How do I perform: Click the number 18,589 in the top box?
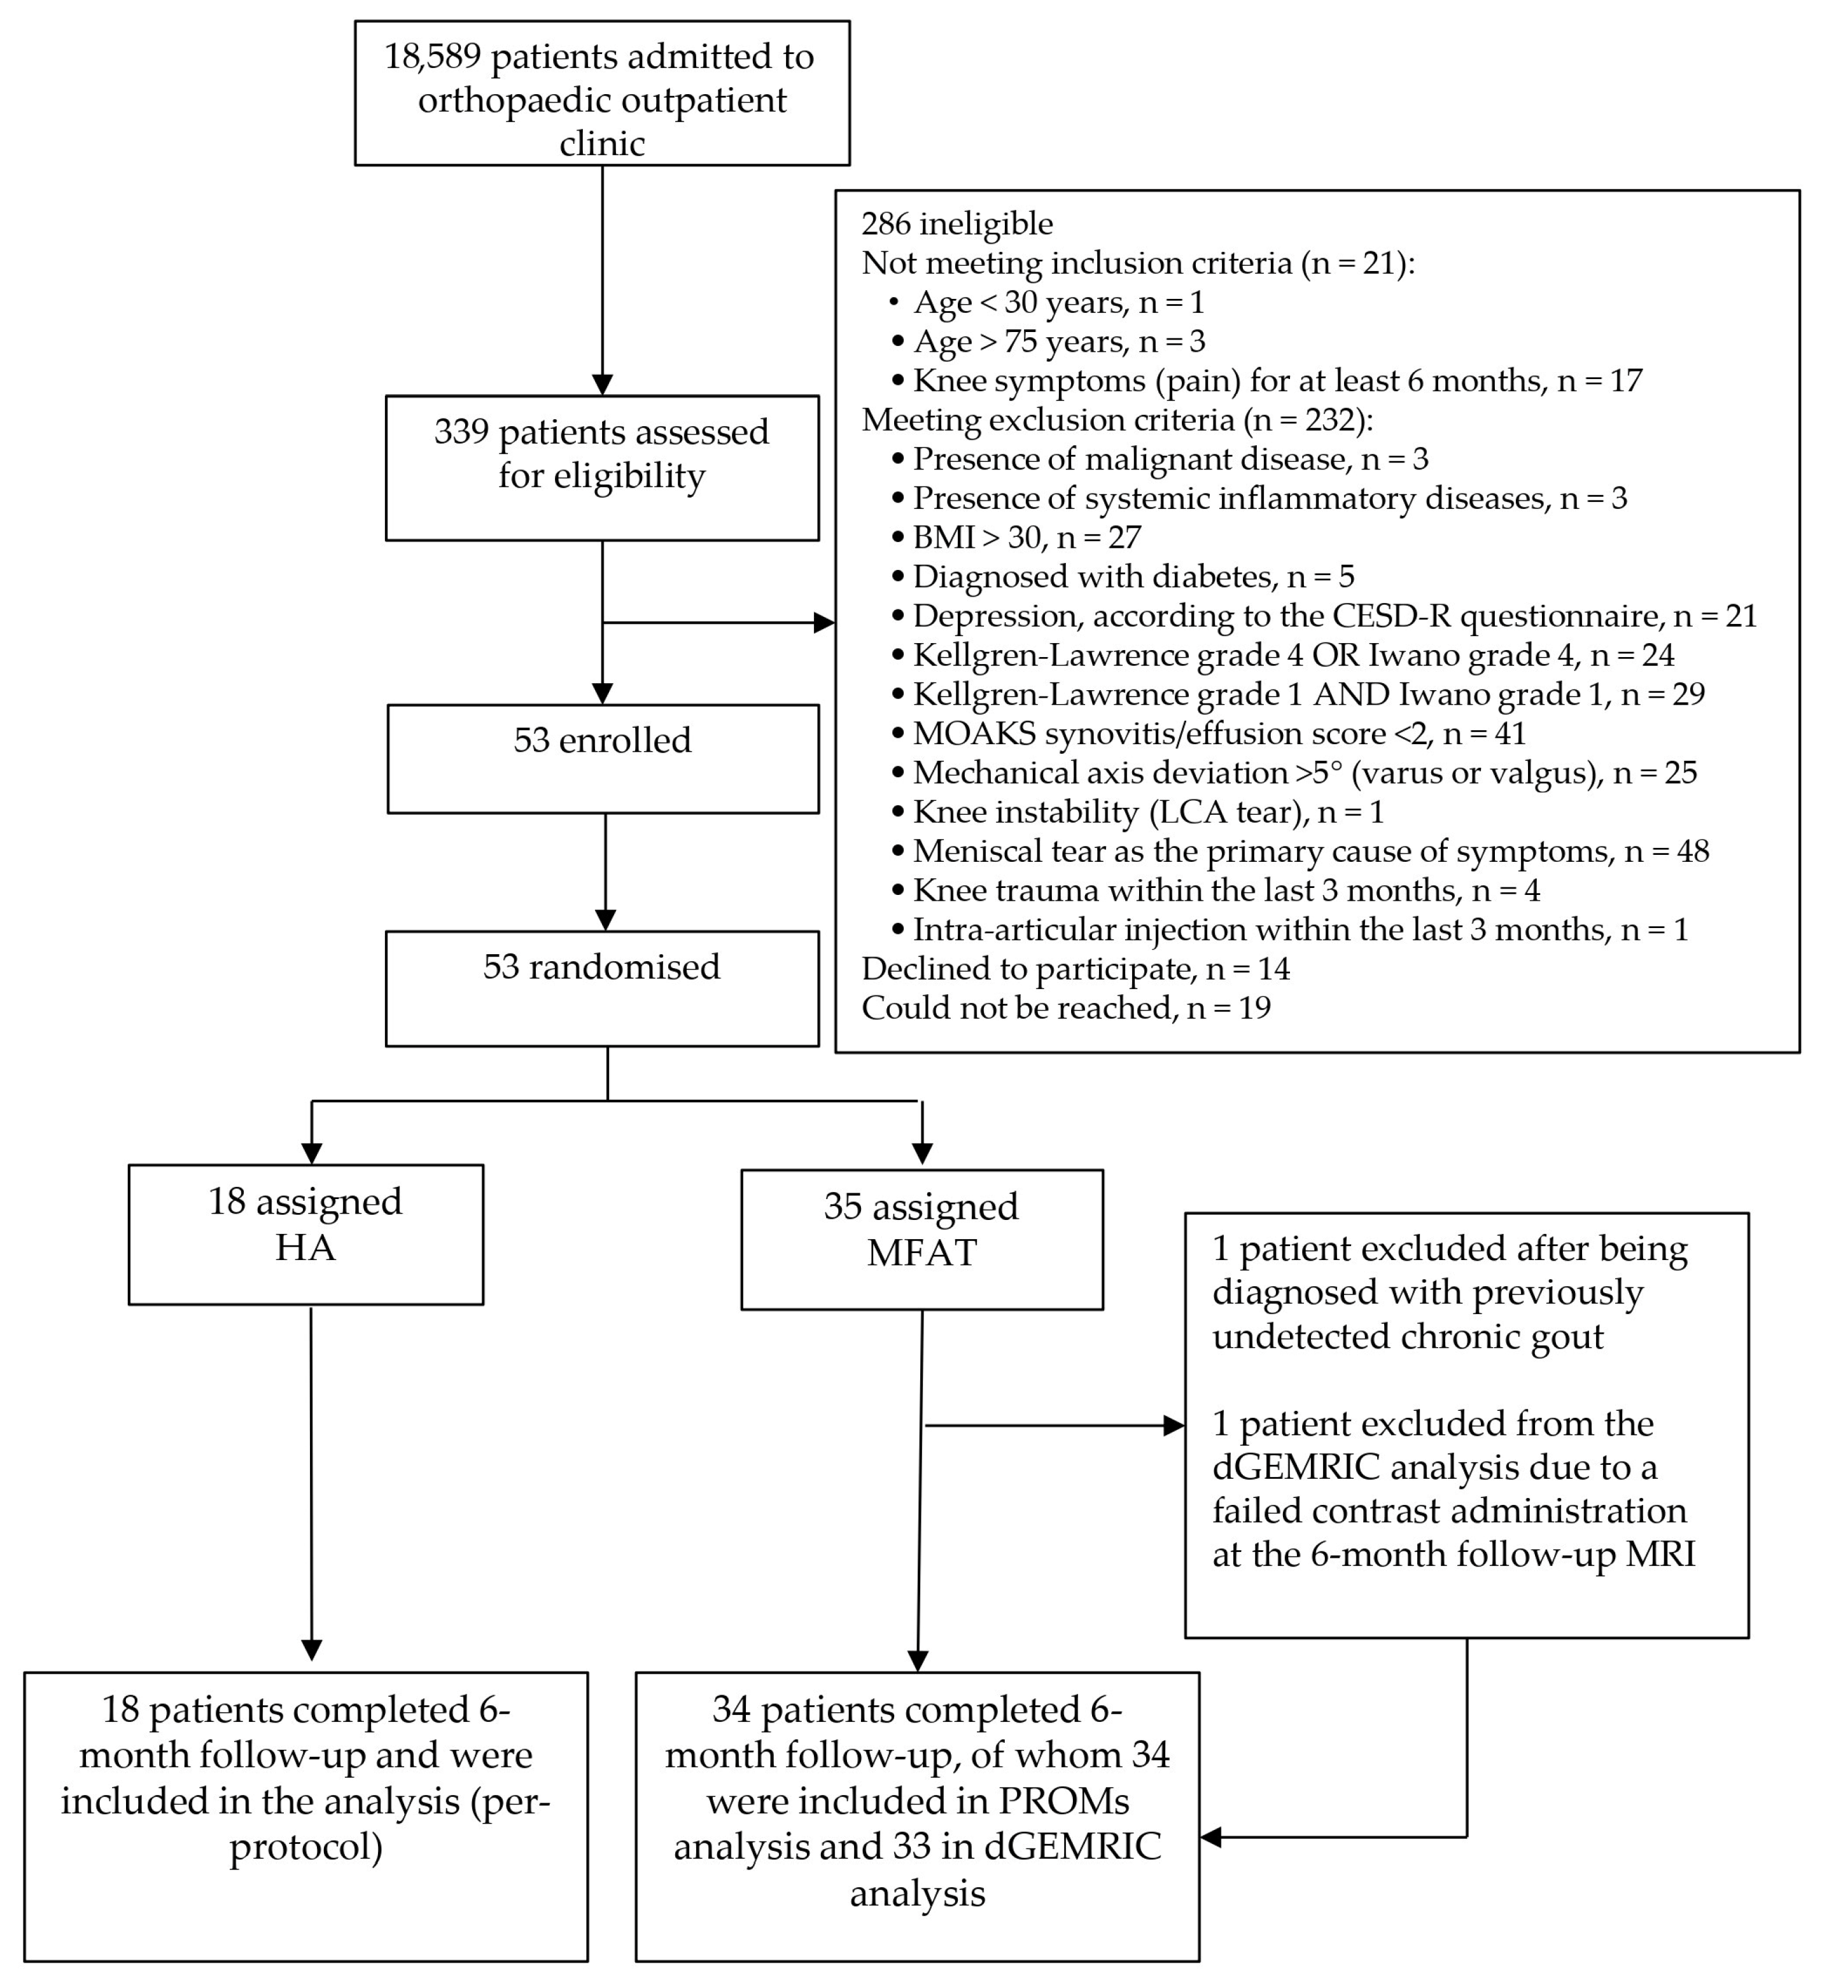432,57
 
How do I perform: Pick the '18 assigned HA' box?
305,1234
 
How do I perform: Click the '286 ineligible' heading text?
957,224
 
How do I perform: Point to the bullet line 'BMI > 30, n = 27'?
1025,537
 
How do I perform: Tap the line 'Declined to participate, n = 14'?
1075,969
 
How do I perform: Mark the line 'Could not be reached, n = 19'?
1065,1008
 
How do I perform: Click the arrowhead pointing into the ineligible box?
824,623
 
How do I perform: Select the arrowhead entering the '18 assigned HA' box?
312,1153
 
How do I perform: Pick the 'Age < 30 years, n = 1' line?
1058,303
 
